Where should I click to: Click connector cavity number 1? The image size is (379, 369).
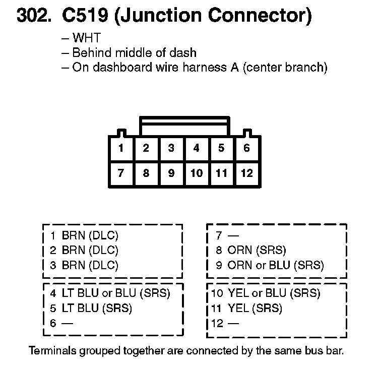tap(121, 148)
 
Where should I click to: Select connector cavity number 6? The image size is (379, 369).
tap(246, 148)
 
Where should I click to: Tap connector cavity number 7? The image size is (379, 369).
tap(121, 173)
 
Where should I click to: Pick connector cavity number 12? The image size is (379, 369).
tap(246, 173)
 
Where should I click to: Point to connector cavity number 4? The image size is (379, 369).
tap(196, 148)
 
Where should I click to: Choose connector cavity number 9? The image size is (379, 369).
tap(171, 173)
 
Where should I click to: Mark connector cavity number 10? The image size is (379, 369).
tap(196, 173)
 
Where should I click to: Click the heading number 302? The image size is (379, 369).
tap(34, 17)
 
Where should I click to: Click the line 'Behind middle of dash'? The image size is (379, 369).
tap(134, 52)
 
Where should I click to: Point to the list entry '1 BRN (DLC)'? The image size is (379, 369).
tap(84, 235)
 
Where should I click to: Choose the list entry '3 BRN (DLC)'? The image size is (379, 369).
tap(84, 265)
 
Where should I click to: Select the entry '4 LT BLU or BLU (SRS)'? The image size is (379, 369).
tap(110, 293)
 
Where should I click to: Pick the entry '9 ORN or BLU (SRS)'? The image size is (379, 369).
tap(270, 265)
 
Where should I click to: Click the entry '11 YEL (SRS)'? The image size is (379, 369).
tap(247, 308)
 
